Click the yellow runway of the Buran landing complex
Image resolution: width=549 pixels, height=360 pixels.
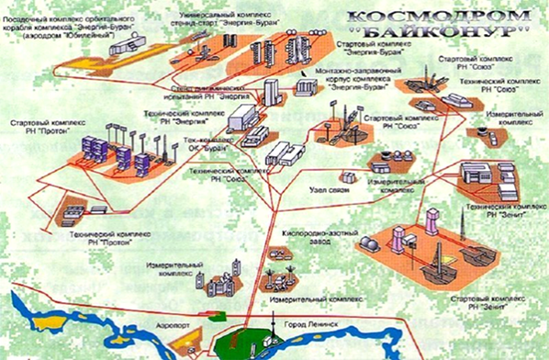point(91,56)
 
